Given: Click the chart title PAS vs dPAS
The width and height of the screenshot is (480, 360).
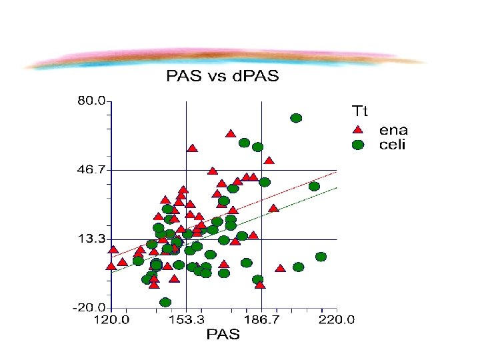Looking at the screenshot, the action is [x=223, y=75].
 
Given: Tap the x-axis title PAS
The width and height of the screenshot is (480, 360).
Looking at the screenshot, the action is [x=223, y=334].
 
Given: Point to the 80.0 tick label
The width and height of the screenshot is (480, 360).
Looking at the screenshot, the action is [x=91, y=101].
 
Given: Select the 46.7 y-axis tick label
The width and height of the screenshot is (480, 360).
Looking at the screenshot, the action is [x=91, y=169].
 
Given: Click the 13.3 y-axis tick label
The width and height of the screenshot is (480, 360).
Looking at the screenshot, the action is [x=91, y=239].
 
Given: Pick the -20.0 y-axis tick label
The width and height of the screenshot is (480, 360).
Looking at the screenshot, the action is [x=89, y=307].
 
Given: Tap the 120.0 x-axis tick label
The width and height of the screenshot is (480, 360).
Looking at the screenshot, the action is [x=111, y=320].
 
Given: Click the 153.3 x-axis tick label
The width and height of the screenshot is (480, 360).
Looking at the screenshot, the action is [x=186, y=320].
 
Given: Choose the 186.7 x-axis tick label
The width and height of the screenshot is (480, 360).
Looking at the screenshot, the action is [x=261, y=320].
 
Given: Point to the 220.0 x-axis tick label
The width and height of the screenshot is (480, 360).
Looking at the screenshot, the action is [x=337, y=320].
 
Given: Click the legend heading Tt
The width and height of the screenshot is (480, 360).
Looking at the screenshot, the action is [x=360, y=111].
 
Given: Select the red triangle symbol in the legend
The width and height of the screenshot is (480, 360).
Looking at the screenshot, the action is [x=357, y=130].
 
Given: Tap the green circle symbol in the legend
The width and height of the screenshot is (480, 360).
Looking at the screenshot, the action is [x=358, y=145].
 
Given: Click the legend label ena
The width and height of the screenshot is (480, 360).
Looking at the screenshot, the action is [x=393, y=131].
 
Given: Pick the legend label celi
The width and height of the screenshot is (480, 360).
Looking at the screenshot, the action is [x=392, y=145].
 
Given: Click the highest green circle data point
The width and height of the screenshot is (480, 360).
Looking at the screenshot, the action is [x=296, y=118].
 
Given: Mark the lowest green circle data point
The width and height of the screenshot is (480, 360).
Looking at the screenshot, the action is [x=165, y=303].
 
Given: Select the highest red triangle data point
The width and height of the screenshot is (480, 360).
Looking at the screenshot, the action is [x=231, y=134].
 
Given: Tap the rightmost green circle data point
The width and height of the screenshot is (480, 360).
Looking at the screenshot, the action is [x=321, y=257].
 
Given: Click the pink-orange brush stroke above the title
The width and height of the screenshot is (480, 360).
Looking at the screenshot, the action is [x=225, y=58].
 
